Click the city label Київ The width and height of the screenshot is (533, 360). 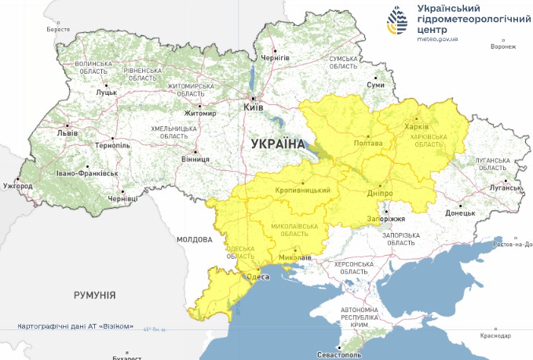coord(254,107)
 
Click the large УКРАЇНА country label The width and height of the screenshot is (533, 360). coord(277,144)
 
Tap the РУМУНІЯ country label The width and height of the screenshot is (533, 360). coord(95,295)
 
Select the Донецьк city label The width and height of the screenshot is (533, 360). coord(460,213)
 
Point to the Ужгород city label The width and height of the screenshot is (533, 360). coord(17,186)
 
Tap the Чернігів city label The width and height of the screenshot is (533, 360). coord(276,57)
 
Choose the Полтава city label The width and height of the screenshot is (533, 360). coord(368,144)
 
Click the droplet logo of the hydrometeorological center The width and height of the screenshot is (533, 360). coord(397,21)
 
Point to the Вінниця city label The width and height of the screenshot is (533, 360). coord(195,159)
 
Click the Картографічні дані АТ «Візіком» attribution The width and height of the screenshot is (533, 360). coord(75,326)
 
